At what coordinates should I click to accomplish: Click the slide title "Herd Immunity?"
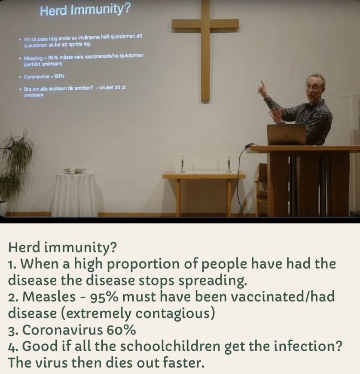point(85,10)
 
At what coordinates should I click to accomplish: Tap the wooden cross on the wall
point(205,51)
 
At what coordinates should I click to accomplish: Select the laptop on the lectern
point(287,135)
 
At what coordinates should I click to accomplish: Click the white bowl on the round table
point(75,171)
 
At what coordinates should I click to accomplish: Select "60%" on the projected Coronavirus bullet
point(59,77)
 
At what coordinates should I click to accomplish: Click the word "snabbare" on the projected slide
point(34,95)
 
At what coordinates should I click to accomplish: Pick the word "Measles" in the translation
point(49,297)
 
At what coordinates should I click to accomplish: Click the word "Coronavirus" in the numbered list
point(62,330)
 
